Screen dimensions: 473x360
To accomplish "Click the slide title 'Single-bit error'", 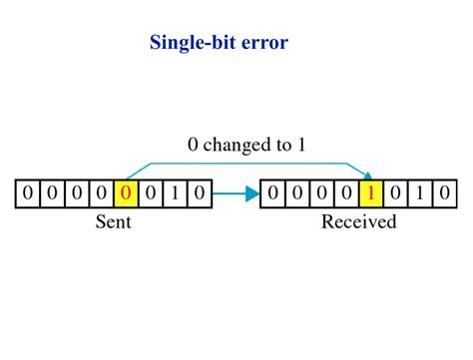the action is click(219, 43).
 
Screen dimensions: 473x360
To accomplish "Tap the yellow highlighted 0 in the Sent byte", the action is click(126, 192).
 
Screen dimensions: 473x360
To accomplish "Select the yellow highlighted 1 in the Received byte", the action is click(371, 192).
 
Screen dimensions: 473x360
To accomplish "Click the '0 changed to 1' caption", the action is click(247, 146).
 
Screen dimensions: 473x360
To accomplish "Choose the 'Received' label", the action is click(358, 221).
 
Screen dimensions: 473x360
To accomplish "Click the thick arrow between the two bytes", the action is click(236, 192).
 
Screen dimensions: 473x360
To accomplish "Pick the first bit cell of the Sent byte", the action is click(28, 192).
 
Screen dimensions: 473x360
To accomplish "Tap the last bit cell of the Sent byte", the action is click(200, 192).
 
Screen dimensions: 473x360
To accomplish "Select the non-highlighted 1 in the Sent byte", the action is click(175, 192).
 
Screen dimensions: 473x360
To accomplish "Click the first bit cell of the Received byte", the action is click(273, 192).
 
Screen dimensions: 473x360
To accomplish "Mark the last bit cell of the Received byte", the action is click(445, 192).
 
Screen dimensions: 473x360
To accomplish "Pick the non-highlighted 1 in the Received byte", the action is click(420, 192).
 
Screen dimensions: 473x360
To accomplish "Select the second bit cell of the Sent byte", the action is click(52, 192).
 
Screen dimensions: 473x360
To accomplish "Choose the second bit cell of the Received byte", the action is click(297, 192).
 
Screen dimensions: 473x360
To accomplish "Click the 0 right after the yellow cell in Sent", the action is click(150, 192).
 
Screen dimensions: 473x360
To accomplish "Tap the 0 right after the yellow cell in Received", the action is click(395, 192).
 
